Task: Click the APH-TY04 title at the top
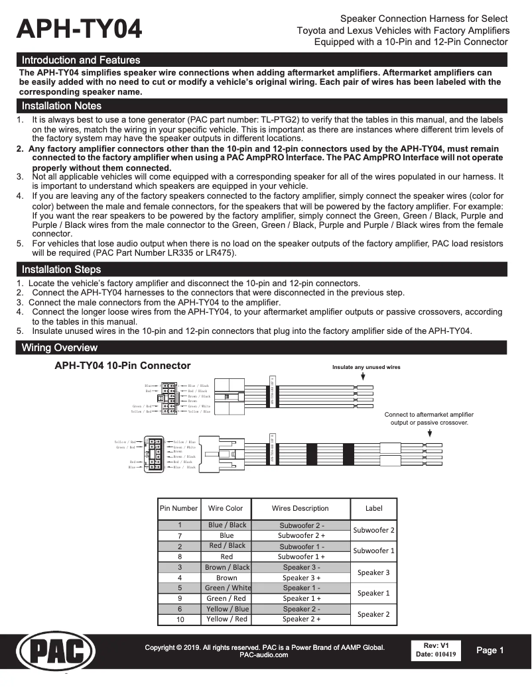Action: (x=80, y=30)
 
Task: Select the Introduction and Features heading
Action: (x=80, y=60)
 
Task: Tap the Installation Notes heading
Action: (x=61, y=106)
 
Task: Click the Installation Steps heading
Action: (x=61, y=270)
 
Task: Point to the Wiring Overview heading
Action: (x=59, y=348)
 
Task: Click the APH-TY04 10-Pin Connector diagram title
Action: (x=122, y=366)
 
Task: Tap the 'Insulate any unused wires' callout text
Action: (x=366, y=367)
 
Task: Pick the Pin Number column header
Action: (x=178, y=509)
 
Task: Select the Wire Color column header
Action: (x=226, y=509)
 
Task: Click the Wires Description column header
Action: (x=300, y=509)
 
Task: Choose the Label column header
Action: (x=373, y=509)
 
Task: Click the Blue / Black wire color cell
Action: (x=227, y=525)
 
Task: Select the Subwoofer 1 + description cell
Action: (x=301, y=557)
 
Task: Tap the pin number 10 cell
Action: (x=180, y=619)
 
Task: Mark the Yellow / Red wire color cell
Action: (x=227, y=619)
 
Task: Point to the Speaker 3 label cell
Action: (x=373, y=572)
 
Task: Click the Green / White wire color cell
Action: (x=228, y=588)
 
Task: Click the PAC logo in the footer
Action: (x=55, y=652)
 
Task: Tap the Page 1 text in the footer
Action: (x=490, y=651)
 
